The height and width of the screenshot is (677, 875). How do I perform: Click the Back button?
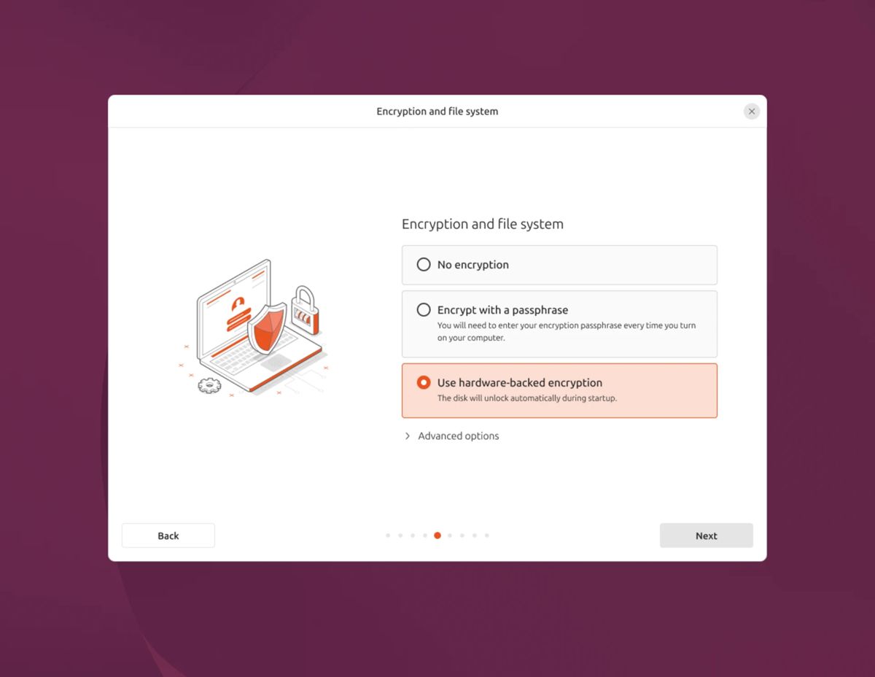pos(168,535)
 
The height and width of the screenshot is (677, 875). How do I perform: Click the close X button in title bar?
pos(751,112)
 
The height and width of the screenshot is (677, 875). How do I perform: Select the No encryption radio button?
pos(424,265)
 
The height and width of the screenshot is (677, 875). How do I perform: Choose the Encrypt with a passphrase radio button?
pos(424,310)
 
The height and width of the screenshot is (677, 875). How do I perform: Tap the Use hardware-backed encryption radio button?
pos(424,383)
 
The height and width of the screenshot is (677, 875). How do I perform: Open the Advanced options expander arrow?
pos(408,436)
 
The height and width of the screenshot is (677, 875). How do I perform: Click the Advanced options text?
pos(458,436)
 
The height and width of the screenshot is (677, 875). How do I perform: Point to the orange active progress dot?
pos(437,535)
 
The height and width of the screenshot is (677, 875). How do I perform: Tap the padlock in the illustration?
pos(306,310)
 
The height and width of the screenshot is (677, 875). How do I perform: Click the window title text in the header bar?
pos(437,112)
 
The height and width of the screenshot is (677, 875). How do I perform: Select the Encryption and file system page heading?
pos(483,224)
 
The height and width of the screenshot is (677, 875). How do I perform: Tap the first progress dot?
pos(388,535)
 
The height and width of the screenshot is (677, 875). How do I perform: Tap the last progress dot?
pos(487,535)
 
